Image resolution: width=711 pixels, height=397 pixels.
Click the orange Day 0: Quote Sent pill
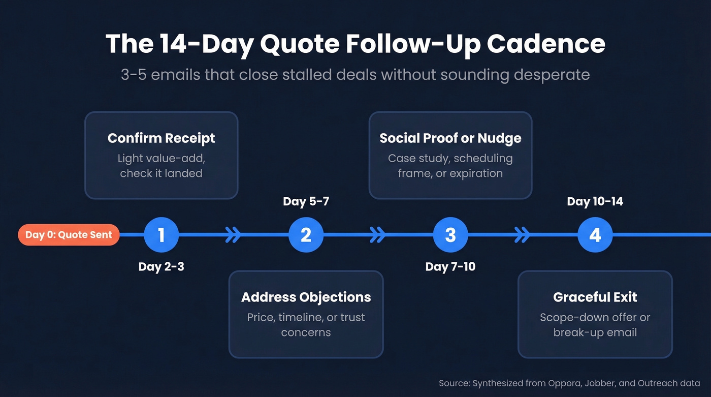click(x=69, y=235)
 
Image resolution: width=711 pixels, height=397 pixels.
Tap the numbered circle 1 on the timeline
click(x=161, y=235)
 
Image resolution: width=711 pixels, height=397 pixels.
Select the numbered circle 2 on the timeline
click(x=306, y=235)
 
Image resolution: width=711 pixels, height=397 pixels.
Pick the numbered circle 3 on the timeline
click(x=450, y=235)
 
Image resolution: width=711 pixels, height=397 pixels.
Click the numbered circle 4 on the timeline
click(x=595, y=235)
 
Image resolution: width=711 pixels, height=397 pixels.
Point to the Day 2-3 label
click(x=161, y=266)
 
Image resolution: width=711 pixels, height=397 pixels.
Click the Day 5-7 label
click(x=306, y=201)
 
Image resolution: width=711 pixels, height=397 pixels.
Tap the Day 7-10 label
click(x=450, y=266)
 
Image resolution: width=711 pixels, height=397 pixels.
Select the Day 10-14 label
click(x=595, y=201)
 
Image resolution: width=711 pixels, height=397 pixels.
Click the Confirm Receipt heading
click(x=161, y=138)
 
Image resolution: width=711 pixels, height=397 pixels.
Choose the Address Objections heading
click(x=306, y=297)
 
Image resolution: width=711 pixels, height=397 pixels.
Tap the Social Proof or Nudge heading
click(x=450, y=138)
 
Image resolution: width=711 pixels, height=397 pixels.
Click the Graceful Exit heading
click(x=595, y=297)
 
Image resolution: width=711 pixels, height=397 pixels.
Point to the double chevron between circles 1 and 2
click(x=233, y=235)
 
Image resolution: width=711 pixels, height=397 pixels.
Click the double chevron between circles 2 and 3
click(x=378, y=235)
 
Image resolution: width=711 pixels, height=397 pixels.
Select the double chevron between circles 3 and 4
click(x=522, y=235)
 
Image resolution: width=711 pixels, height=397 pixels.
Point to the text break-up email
click(x=595, y=332)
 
